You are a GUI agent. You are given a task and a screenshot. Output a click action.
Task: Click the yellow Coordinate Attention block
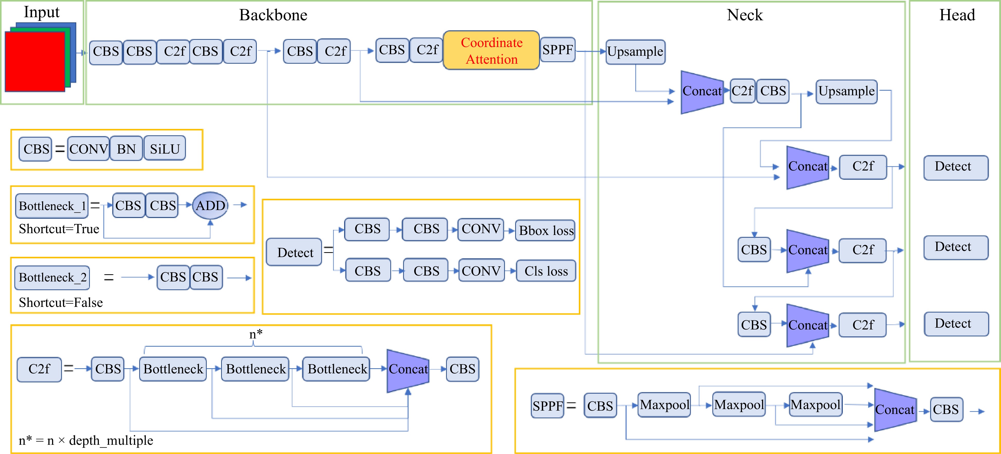[x=491, y=51]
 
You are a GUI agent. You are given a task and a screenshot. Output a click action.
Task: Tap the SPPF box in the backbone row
[x=558, y=50]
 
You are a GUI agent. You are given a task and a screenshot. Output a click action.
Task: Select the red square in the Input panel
[x=35, y=61]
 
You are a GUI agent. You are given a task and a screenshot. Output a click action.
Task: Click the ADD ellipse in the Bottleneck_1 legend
[x=210, y=205]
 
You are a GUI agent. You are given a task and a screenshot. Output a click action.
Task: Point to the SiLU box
[x=165, y=149]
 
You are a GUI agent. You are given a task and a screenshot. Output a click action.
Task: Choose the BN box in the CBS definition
[x=126, y=149]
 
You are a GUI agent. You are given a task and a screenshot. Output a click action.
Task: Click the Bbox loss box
[x=546, y=231]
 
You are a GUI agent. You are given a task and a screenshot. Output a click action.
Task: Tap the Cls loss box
[x=546, y=271]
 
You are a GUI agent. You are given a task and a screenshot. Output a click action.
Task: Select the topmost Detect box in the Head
[x=956, y=167]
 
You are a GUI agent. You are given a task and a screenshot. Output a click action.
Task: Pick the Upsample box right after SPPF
[x=635, y=52]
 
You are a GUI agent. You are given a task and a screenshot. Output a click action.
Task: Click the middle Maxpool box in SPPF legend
[x=739, y=405]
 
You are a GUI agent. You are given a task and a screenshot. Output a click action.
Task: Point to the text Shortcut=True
[x=59, y=229]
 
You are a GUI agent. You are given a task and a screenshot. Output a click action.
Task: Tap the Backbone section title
[x=273, y=15]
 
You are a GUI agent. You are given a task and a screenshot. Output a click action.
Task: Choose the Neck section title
[x=744, y=15]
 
